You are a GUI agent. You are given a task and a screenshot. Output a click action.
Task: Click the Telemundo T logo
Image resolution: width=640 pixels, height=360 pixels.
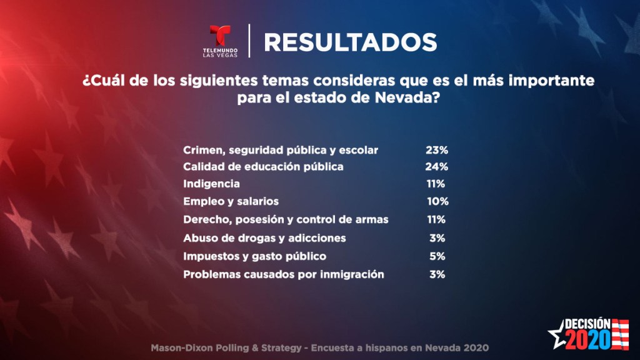[x=220, y=36]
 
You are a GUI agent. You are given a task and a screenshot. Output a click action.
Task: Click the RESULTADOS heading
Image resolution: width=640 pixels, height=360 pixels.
[x=350, y=42]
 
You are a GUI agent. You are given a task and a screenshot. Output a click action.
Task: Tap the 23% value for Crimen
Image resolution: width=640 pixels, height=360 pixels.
[x=437, y=150]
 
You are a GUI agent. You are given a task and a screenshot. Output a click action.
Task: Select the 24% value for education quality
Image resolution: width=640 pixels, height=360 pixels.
[x=437, y=167]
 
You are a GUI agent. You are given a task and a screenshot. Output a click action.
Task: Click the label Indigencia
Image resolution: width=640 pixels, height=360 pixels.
[x=211, y=184]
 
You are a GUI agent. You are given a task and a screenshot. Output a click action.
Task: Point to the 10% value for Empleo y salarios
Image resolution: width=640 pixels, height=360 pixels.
[x=437, y=202]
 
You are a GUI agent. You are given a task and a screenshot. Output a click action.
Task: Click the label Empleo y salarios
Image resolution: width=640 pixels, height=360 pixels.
[x=231, y=202]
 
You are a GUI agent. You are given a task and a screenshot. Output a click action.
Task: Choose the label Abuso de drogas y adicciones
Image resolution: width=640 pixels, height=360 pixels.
[x=264, y=238]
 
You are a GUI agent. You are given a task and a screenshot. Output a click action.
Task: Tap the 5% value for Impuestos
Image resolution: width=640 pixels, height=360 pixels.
[x=437, y=256]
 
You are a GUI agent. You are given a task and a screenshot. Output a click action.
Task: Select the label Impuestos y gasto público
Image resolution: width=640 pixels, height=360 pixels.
[x=254, y=256]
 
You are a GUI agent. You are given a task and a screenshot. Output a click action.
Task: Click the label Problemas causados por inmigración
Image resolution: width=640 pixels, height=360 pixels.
[x=283, y=274]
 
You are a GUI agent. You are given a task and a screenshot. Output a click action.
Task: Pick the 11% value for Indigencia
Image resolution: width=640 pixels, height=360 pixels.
[x=436, y=184]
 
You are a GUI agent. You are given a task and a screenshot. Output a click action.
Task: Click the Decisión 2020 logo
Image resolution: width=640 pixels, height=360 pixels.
[x=587, y=334]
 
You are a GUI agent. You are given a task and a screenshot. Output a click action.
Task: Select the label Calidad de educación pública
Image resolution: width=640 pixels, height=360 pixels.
[x=263, y=167]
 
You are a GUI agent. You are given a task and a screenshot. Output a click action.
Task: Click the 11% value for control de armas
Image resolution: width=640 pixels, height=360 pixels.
[x=436, y=220]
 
